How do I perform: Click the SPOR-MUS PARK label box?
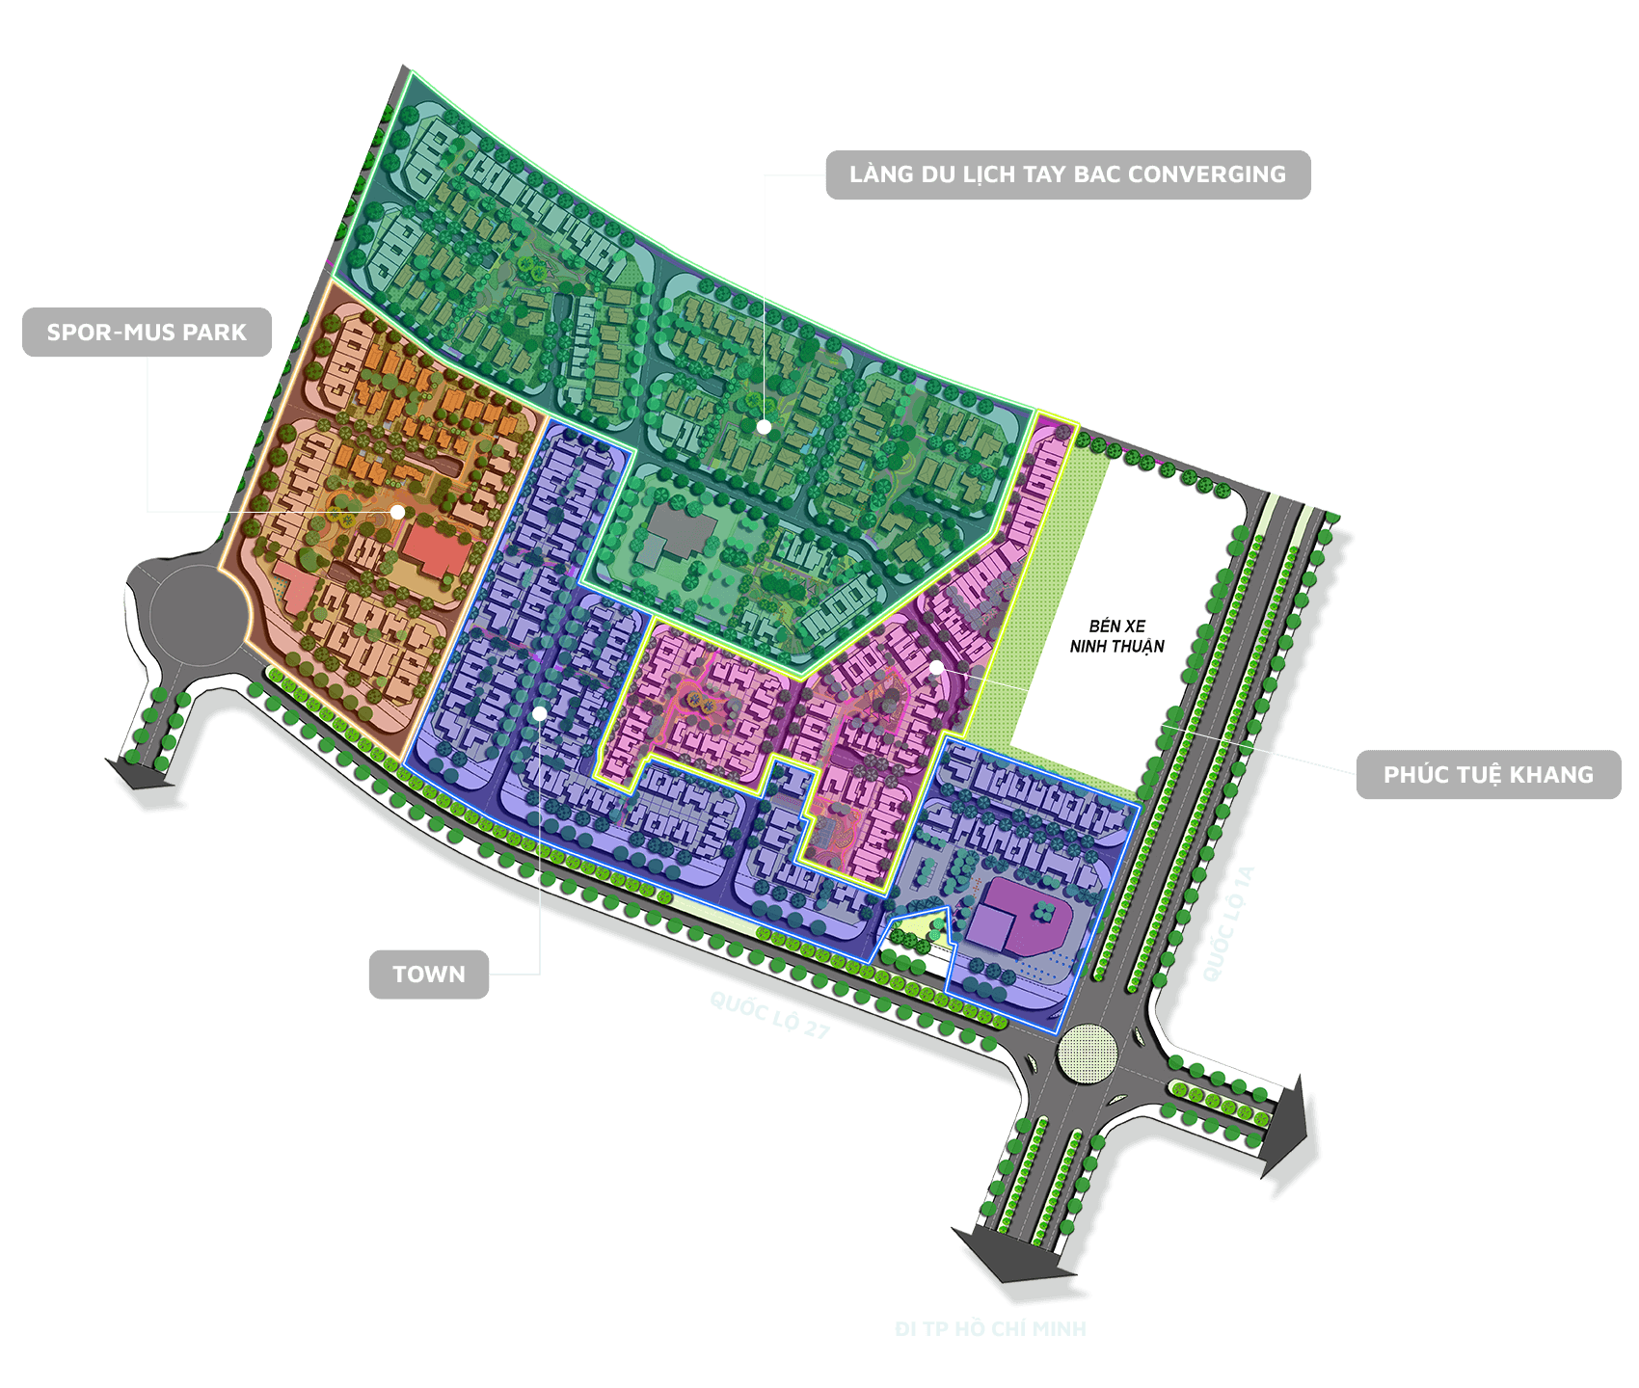click(x=147, y=333)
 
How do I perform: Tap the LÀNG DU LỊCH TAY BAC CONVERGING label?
click(x=1067, y=174)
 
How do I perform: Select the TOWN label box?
click(x=429, y=974)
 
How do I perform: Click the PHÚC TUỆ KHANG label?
click(x=1488, y=775)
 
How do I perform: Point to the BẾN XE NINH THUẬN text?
click(x=1116, y=636)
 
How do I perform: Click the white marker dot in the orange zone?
click(x=397, y=512)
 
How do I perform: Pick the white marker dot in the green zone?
click(x=764, y=426)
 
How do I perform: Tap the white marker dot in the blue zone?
click(x=540, y=713)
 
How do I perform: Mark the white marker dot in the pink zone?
click(x=936, y=667)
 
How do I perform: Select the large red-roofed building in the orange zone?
click(x=432, y=548)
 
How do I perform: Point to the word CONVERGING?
click(x=1207, y=174)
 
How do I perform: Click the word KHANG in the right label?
click(x=1551, y=775)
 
